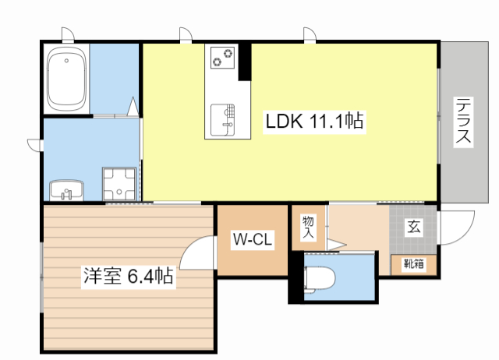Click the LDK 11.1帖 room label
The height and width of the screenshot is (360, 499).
pos(314,122)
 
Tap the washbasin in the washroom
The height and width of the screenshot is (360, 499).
pos(67,189)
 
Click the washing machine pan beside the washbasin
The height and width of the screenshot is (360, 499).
pos(119,183)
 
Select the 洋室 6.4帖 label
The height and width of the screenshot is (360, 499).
pos(128,276)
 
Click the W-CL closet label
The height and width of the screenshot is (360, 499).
pos(250,241)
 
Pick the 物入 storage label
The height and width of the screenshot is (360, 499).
pos(308,226)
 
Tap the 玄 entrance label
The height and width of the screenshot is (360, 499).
pos(413,228)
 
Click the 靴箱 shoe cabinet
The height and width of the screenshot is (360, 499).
pos(413,264)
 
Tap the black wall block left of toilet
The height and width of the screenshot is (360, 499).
pos(294,277)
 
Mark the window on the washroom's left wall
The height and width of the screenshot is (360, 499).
pos(34,143)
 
